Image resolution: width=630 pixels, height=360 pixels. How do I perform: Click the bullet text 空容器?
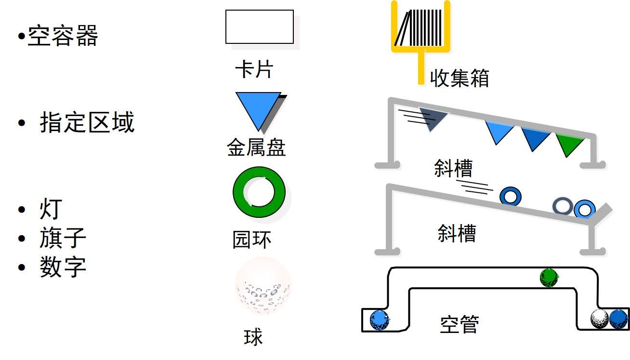point(63,36)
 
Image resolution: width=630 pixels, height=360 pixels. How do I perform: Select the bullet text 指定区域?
point(87,122)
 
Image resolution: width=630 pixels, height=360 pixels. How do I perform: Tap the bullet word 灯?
point(51,210)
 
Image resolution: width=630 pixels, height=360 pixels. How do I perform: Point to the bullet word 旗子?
point(63,238)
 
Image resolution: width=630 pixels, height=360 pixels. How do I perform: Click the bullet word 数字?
point(63,266)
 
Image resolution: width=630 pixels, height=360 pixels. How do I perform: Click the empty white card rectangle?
point(260,27)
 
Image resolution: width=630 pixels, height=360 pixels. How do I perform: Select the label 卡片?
point(254,70)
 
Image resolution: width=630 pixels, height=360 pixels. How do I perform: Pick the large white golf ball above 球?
point(263,286)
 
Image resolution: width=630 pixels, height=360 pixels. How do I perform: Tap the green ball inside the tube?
point(549,278)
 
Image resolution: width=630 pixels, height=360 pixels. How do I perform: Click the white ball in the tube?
point(600,319)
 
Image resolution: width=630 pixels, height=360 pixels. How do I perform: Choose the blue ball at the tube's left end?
point(380,320)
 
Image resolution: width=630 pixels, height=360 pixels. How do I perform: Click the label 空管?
point(459,325)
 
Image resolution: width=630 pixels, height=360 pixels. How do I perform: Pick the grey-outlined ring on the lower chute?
point(562,206)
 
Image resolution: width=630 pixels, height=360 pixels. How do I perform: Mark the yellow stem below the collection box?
point(421,67)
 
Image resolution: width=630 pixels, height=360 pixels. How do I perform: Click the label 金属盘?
point(256,147)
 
